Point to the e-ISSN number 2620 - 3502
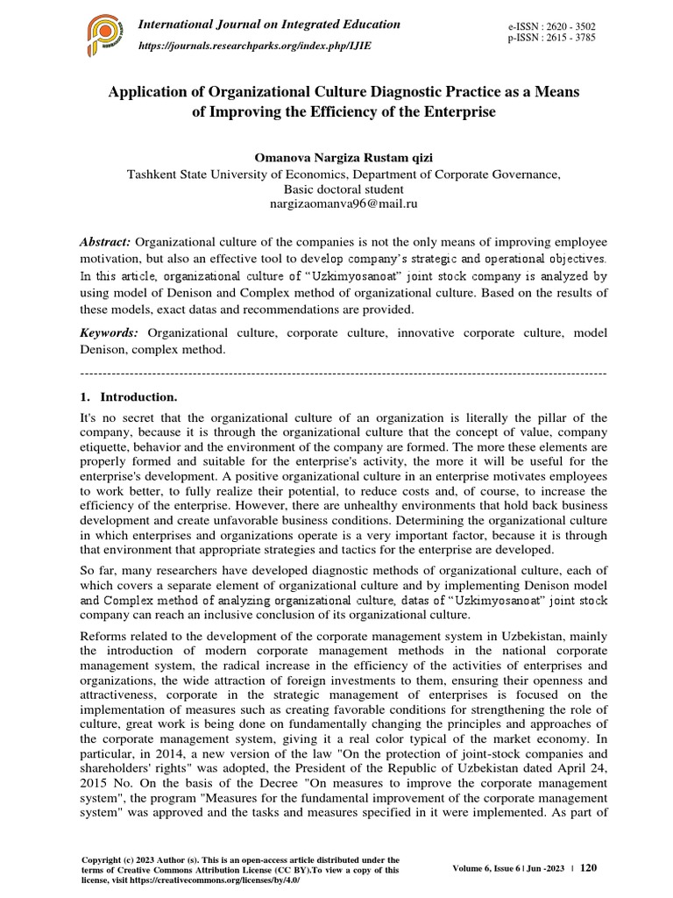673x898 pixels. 569,28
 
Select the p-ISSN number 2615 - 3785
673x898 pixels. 569,40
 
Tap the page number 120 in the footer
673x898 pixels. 589,867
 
